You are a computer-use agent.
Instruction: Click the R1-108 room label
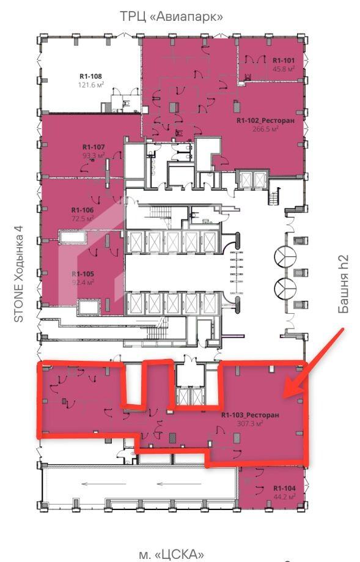[90, 76]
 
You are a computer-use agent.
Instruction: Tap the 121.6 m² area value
[91, 85]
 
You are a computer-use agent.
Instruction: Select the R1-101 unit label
[284, 60]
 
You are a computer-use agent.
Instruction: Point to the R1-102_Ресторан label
[265, 120]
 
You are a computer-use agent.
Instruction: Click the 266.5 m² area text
[265, 128]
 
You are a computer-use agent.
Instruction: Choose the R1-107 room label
[94, 147]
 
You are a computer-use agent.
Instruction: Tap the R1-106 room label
[83, 210]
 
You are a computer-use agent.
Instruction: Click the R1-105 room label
[83, 274]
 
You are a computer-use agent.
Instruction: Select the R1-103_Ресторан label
[250, 415]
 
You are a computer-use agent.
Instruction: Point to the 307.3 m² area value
[250, 423]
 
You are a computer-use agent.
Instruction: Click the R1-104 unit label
[284, 488]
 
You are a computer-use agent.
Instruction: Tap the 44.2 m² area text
[284, 497]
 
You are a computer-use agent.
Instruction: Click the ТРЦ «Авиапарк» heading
[171, 17]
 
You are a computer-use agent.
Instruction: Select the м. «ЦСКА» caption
[171, 554]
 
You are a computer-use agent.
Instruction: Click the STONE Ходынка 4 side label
[18, 273]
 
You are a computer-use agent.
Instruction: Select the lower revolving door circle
[285, 287]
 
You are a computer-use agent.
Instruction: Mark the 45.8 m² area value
[284, 69]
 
